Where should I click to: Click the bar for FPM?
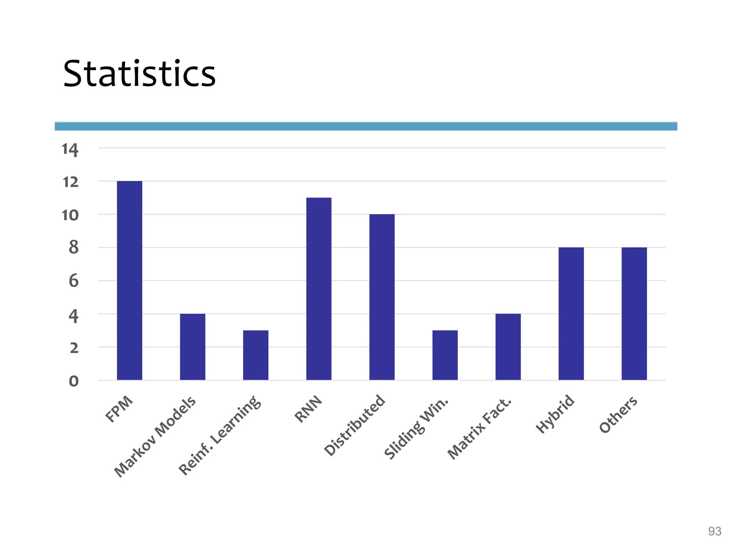(129, 281)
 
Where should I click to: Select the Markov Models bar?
(193, 347)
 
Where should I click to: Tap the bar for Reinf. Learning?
(256, 355)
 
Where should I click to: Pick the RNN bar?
(319, 289)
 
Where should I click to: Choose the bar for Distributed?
(382, 297)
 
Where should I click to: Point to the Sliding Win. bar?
(445, 355)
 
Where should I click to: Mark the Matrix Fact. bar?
(508, 347)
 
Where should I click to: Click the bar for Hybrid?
(571, 313)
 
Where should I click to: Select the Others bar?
(634, 313)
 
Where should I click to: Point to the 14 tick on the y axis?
(70, 149)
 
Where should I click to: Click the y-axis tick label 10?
(70, 216)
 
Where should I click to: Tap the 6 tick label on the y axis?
(74, 281)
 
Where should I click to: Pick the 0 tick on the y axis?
(74, 381)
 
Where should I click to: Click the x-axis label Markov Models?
(155, 436)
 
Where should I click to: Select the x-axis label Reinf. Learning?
(219, 435)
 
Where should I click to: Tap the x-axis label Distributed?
(355, 425)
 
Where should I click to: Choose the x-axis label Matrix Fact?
(480, 429)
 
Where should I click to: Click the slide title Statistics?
(139, 74)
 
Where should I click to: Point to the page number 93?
(714, 531)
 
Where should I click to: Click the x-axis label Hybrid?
(555, 415)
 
